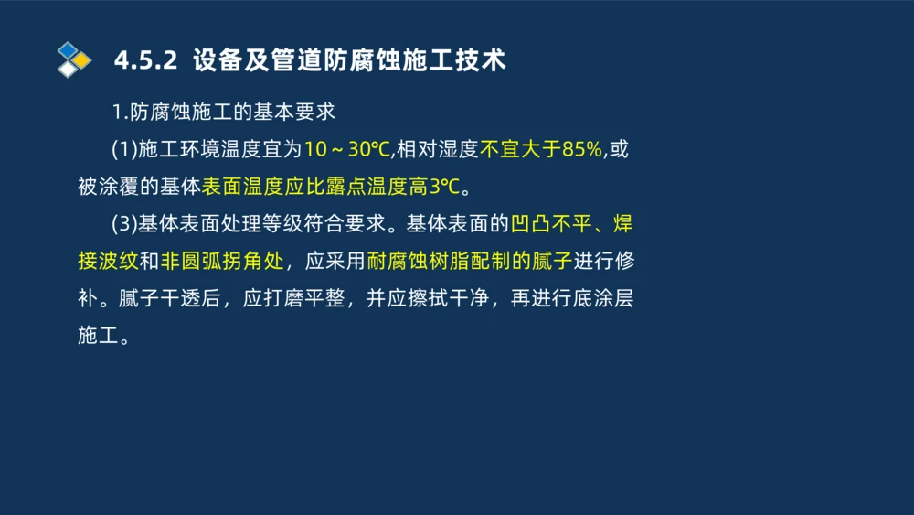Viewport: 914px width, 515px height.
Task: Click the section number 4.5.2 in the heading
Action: tap(144, 60)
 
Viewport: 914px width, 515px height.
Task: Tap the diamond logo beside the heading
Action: tap(73, 60)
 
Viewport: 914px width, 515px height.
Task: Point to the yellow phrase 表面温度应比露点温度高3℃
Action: tap(331, 187)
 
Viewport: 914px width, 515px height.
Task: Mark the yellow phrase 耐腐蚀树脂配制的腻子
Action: tap(469, 262)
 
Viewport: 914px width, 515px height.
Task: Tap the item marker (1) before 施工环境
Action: tap(123, 149)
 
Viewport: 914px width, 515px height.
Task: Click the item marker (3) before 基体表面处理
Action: tap(123, 224)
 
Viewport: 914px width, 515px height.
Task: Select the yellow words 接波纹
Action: tap(108, 262)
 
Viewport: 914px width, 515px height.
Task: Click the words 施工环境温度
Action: tap(197, 149)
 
